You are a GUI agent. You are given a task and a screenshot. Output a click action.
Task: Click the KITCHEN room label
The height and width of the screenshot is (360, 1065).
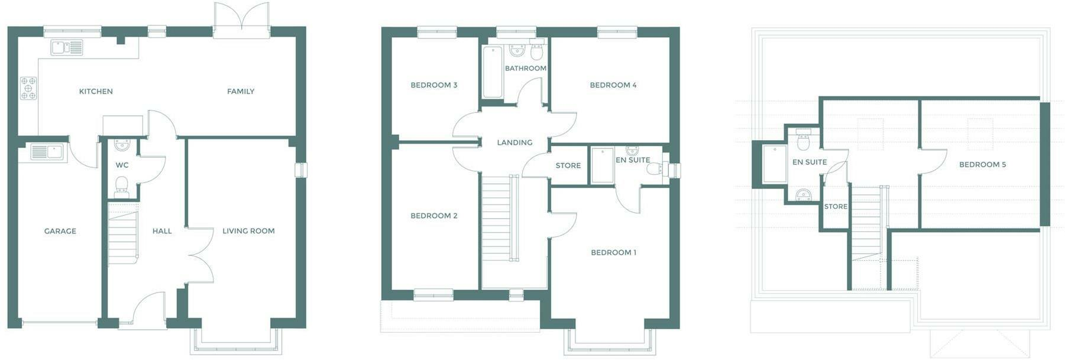[96, 92]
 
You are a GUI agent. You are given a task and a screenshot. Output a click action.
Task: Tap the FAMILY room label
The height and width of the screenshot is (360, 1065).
[241, 92]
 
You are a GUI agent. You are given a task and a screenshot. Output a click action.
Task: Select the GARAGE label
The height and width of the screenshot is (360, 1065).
[60, 231]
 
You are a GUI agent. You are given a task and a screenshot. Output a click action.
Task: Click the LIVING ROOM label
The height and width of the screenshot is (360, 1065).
[248, 231]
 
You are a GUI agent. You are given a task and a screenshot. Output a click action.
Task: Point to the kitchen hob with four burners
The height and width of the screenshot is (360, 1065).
[28, 88]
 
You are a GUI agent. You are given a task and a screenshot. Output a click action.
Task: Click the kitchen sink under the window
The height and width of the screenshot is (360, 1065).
[66, 47]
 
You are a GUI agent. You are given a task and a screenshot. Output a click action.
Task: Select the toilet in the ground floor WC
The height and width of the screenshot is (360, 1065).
[122, 185]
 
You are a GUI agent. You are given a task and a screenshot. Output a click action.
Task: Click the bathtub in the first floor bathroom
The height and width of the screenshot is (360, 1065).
[493, 72]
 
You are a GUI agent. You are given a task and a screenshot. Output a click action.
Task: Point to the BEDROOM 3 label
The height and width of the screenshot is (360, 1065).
[433, 85]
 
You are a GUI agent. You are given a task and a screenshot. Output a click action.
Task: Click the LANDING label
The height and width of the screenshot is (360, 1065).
[514, 142]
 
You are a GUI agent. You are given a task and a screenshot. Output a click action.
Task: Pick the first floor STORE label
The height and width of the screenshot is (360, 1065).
[568, 166]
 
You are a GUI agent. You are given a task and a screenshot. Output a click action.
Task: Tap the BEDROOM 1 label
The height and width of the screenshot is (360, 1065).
[613, 252]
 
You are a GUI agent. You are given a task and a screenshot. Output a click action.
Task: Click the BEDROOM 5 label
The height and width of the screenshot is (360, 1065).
[982, 164]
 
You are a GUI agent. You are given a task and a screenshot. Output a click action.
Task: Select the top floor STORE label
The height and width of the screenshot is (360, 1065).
[836, 206]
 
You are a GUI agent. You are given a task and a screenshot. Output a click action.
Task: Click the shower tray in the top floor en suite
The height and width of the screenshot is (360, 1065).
[775, 164]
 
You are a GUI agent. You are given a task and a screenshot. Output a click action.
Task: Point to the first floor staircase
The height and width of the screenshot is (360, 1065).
[497, 219]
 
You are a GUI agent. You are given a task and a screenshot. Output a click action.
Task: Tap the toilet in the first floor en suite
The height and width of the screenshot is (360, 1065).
[655, 169]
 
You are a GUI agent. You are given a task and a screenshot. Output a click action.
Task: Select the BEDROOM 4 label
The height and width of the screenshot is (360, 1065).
[613, 85]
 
